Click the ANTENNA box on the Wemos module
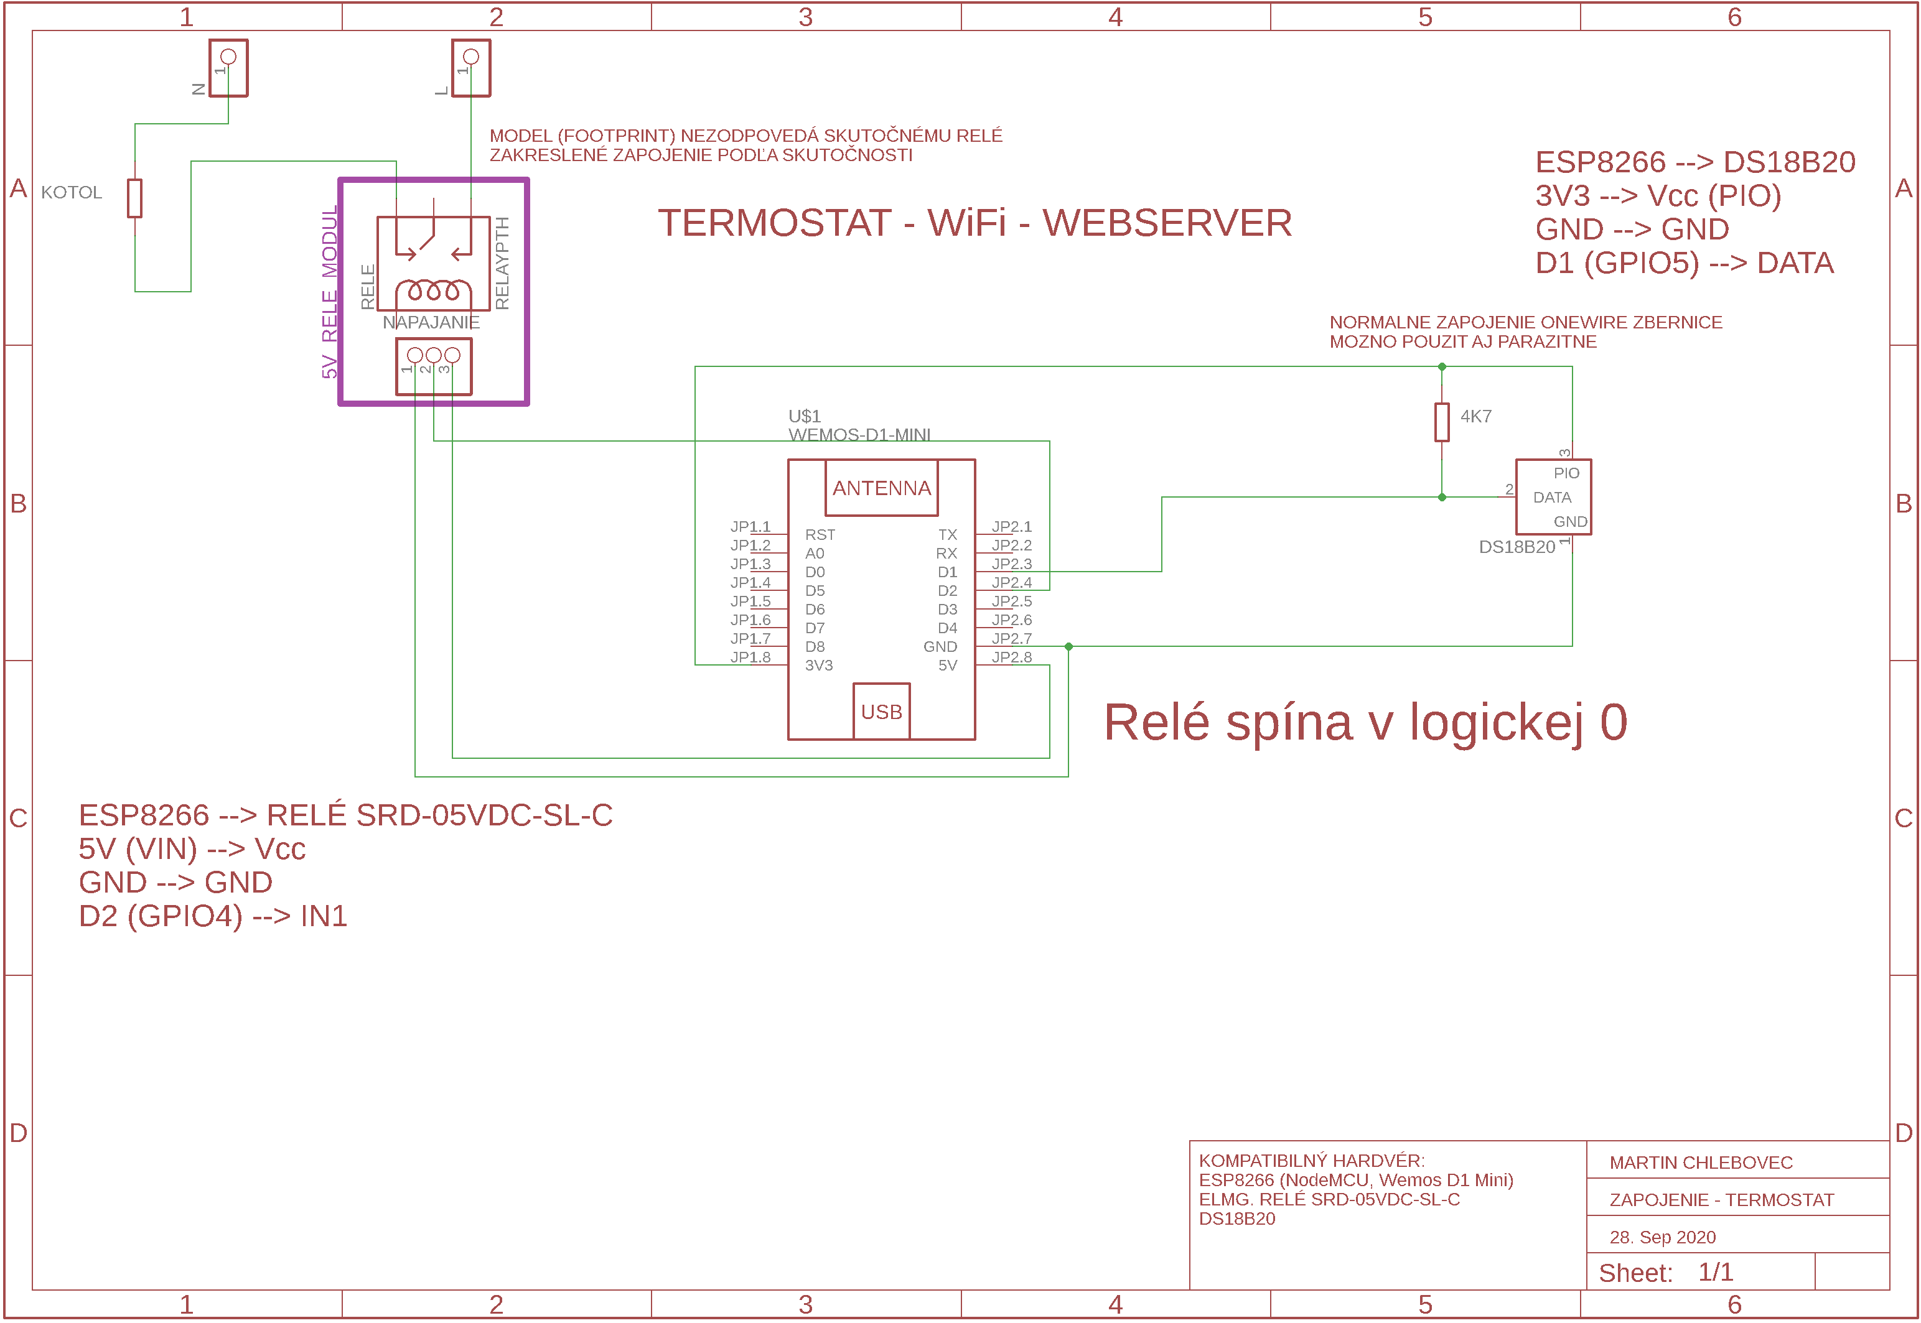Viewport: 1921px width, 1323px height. tap(881, 488)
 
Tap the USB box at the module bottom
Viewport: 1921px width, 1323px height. tap(881, 711)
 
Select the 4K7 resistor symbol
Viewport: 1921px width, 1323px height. tap(1442, 422)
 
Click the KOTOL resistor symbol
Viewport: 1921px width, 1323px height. tap(135, 198)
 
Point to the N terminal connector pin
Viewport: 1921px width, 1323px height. tap(228, 57)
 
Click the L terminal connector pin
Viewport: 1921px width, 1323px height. tap(471, 57)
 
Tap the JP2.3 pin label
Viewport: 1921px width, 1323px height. tap(1011, 564)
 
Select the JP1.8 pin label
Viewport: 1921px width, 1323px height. tap(750, 657)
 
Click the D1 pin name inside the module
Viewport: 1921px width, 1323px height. tap(947, 572)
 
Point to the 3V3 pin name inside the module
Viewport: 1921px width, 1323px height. tap(818, 666)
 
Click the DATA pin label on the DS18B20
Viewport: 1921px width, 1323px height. tap(1552, 498)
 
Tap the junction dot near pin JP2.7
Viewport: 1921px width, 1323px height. tap(1068, 647)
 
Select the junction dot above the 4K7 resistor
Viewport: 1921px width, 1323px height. tap(1442, 366)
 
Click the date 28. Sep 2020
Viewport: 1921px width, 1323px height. tap(1662, 1238)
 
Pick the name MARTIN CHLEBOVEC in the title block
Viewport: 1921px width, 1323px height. tap(1701, 1163)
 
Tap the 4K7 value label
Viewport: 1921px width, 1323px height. tap(1476, 416)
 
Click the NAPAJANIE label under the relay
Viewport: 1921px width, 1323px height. tap(431, 322)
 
